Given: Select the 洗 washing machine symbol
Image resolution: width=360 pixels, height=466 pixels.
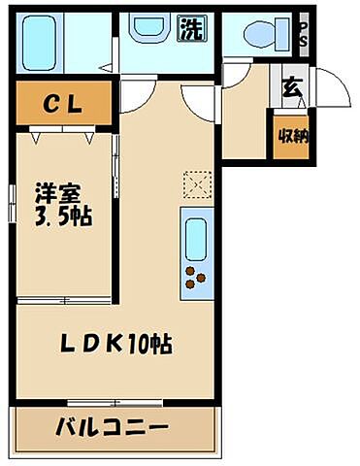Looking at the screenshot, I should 190,29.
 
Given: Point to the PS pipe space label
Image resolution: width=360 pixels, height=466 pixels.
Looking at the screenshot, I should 304,35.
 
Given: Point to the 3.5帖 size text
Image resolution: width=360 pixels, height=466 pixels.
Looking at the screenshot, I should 62,216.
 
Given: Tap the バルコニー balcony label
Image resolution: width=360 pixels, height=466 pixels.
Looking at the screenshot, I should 113,427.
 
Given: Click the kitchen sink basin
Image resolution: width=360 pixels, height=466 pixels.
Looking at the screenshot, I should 195,239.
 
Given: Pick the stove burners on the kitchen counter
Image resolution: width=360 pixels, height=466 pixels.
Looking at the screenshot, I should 196,279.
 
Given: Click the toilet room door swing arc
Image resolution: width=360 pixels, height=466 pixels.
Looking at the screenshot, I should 236,74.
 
